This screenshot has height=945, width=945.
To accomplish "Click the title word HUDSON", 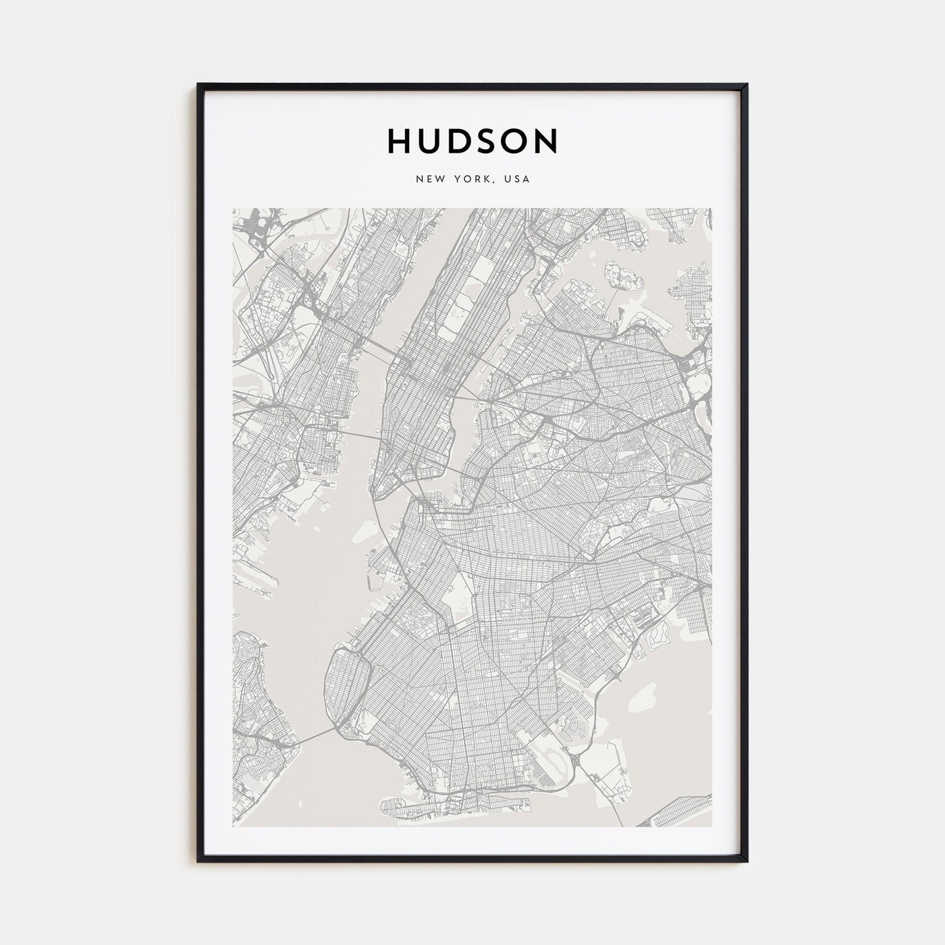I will tap(473, 140).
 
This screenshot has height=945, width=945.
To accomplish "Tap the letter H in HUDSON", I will tap(398, 140).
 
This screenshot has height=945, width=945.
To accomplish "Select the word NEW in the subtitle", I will tap(429, 180).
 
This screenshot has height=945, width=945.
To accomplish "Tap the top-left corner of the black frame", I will tap(198, 85).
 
